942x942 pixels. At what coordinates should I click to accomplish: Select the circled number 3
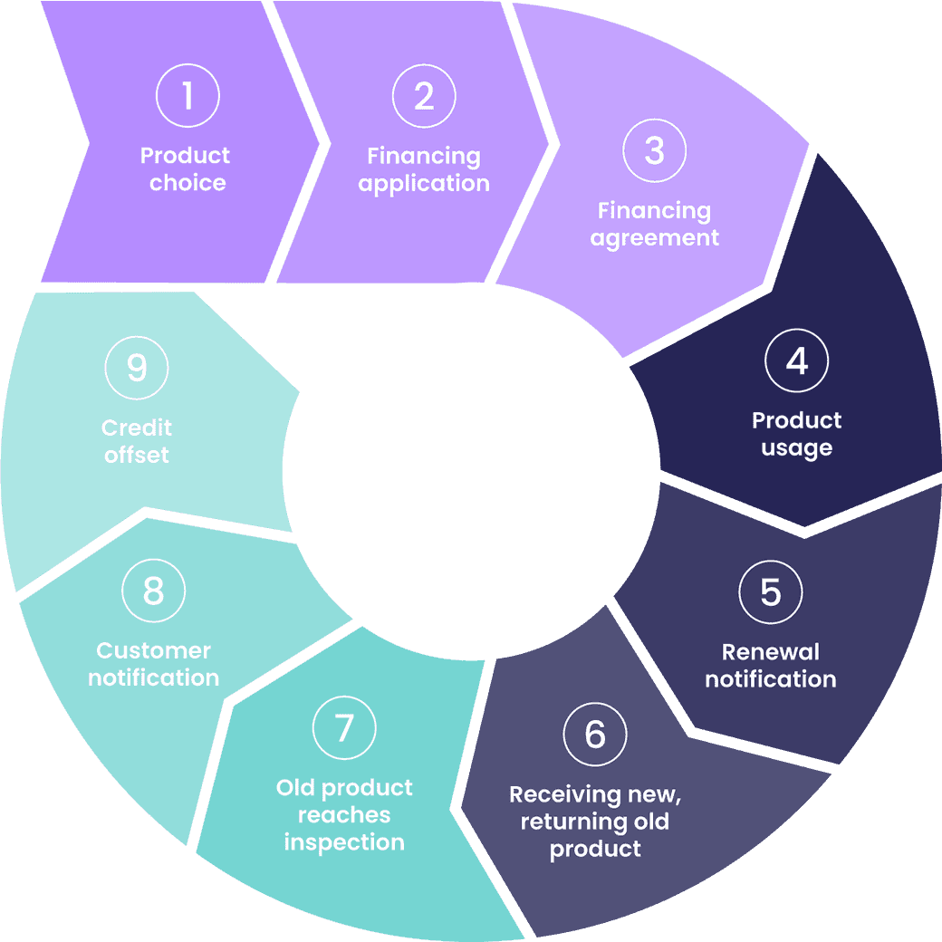click(655, 150)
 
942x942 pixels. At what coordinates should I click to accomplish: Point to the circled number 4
click(796, 360)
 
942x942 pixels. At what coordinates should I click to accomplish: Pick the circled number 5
click(770, 592)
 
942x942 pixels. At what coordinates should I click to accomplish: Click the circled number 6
click(595, 734)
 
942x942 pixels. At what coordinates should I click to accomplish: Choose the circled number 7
click(344, 727)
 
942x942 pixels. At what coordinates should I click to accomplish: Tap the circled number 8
click(153, 591)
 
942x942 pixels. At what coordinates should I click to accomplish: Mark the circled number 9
click(137, 368)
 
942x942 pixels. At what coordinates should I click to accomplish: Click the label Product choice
click(186, 169)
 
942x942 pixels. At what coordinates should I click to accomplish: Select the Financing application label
click(424, 169)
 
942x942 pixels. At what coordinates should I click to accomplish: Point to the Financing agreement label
click(654, 225)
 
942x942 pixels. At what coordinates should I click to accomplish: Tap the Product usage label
click(797, 434)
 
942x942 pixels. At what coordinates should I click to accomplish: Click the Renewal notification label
click(770, 666)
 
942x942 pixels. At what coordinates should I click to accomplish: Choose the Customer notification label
click(154, 664)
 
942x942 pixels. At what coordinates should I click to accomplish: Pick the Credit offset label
click(137, 441)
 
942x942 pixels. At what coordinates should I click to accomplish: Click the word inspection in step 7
click(344, 842)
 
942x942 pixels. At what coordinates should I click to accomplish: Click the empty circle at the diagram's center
click(471, 471)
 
